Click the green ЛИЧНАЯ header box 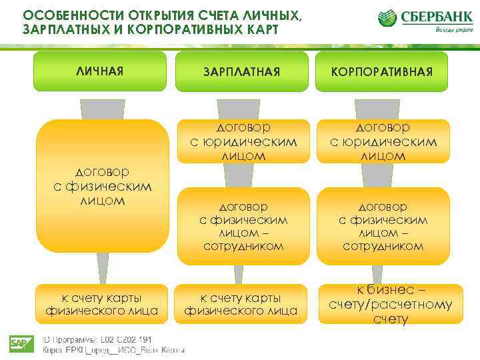100,71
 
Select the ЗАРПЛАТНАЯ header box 243,71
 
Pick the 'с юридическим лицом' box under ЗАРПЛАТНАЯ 243,141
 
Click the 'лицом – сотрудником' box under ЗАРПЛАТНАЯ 243,225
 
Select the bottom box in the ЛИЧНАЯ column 101,303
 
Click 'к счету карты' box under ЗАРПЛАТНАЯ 241,303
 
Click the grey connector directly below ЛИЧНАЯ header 103,108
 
